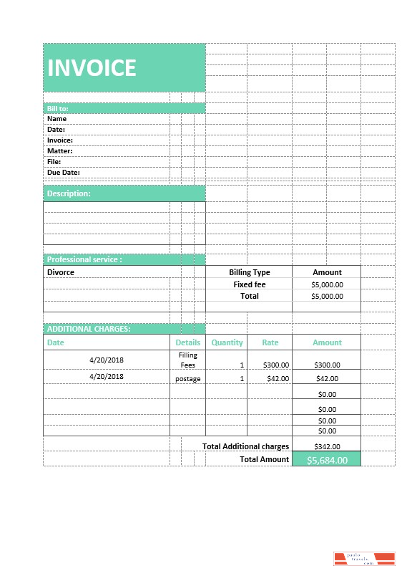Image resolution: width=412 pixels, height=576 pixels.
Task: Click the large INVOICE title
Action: pyautogui.click(x=92, y=67)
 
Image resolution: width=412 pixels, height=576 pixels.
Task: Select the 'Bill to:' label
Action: pyautogui.click(x=58, y=108)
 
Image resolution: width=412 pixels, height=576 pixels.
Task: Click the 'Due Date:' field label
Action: pyautogui.click(x=63, y=172)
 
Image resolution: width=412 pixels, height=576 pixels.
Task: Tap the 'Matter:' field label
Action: pyautogui.click(x=60, y=151)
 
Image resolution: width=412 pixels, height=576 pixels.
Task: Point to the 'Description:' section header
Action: pyautogui.click(x=69, y=193)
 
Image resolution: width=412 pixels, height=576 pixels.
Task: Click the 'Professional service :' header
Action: pyautogui.click(x=84, y=259)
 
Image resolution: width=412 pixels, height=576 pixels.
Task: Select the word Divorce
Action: pyautogui.click(x=61, y=272)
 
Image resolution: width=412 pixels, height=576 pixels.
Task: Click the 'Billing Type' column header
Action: pyautogui.click(x=249, y=272)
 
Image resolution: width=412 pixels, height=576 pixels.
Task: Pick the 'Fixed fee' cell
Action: pyautogui.click(x=249, y=284)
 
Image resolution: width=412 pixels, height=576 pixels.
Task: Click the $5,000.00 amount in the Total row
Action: pyautogui.click(x=327, y=296)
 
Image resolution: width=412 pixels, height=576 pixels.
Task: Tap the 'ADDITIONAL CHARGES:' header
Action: pyautogui.click(x=89, y=329)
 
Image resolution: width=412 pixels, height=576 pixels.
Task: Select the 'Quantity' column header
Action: pyautogui.click(x=227, y=342)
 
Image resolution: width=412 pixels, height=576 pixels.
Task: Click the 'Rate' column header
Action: pyautogui.click(x=270, y=342)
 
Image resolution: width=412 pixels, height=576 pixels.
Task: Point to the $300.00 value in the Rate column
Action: pyautogui.click(x=276, y=365)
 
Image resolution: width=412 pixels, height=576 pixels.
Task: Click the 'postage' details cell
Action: pyautogui.click(x=188, y=378)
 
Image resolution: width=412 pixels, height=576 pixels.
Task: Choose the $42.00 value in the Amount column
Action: pyautogui.click(x=327, y=378)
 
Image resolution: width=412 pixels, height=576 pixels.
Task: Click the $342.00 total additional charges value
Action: pyautogui.click(x=327, y=446)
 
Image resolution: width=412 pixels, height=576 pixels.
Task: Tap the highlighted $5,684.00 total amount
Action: pyautogui.click(x=327, y=460)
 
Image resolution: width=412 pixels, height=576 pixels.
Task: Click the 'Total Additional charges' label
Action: pyautogui.click(x=245, y=446)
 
